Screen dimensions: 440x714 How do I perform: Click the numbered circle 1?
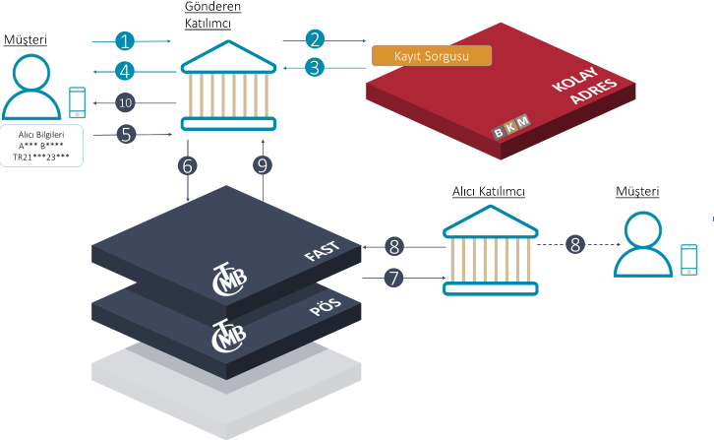(124, 40)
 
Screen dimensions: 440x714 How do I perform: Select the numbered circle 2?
(315, 39)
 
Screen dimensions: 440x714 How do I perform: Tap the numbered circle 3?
(315, 67)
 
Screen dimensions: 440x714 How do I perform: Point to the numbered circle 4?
(124, 71)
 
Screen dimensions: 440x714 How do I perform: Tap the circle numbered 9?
(263, 166)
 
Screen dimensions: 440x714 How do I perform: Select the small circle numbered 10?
(125, 102)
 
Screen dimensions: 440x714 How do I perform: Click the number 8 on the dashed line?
(575, 244)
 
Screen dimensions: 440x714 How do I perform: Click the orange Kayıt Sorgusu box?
(431, 55)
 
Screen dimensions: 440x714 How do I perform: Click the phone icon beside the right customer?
(689, 260)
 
